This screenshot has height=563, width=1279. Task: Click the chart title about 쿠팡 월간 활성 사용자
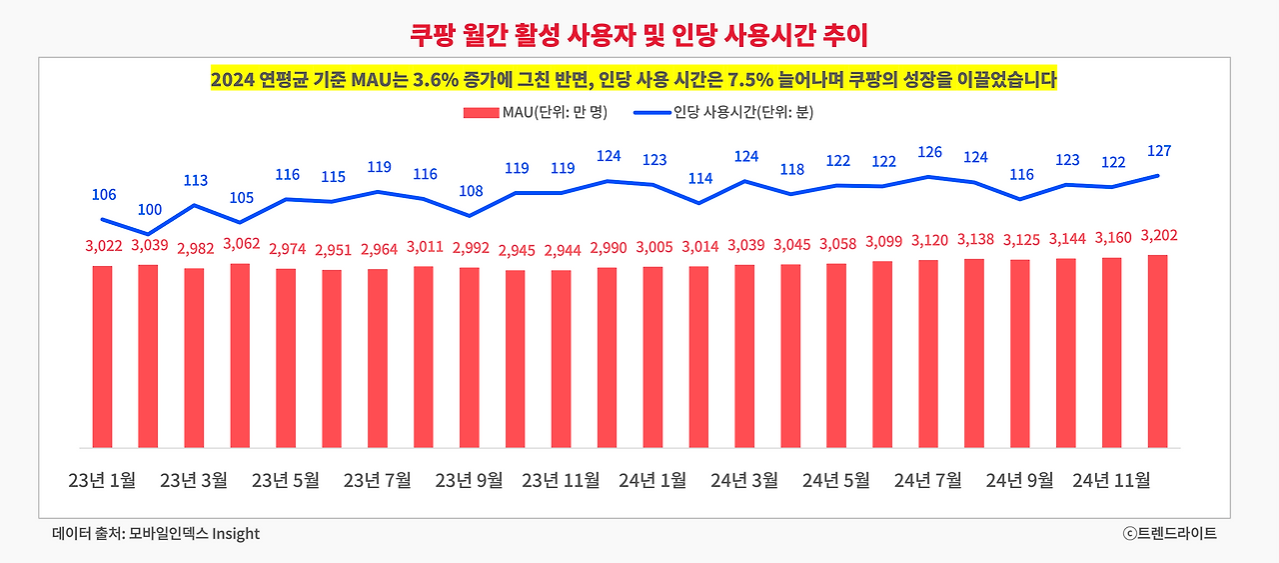[x=639, y=36]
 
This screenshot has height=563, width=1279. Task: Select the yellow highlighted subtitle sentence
[x=634, y=80]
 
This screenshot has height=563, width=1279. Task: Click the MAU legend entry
[x=535, y=112]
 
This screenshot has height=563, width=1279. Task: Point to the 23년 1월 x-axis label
[x=102, y=481]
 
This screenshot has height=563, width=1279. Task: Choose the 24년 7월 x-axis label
[x=927, y=481]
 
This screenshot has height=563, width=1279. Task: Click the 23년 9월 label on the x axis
[x=469, y=481]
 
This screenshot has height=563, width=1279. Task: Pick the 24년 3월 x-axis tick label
[x=744, y=481]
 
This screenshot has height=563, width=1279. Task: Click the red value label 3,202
[x=1158, y=236]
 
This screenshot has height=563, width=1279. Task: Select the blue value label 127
[x=1158, y=151]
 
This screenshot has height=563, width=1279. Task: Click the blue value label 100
[x=149, y=209]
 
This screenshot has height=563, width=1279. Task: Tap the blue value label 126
[x=929, y=152]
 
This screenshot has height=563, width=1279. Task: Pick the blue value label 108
[x=470, y=191]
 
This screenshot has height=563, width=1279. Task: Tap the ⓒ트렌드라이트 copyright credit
[x=1169, y=534]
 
